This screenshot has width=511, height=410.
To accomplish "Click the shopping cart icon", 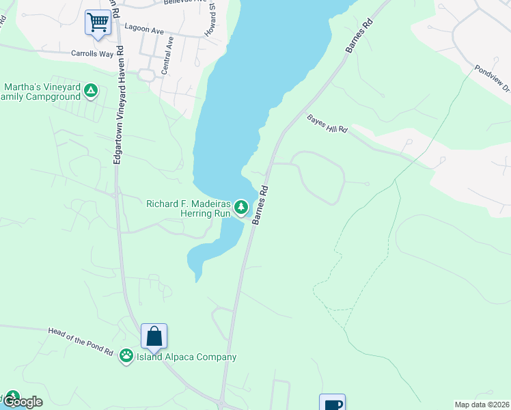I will point(98,23).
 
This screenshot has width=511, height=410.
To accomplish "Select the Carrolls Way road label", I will point(92,53).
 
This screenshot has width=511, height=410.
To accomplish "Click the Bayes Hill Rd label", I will point(327,123).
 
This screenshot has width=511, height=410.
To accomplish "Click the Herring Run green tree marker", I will point(240,206).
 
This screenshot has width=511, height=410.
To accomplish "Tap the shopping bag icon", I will point(154,336).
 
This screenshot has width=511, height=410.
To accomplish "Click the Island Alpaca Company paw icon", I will point(126,355).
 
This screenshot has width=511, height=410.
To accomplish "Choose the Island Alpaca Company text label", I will point(187,357).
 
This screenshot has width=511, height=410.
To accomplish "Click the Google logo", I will point(23,402).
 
